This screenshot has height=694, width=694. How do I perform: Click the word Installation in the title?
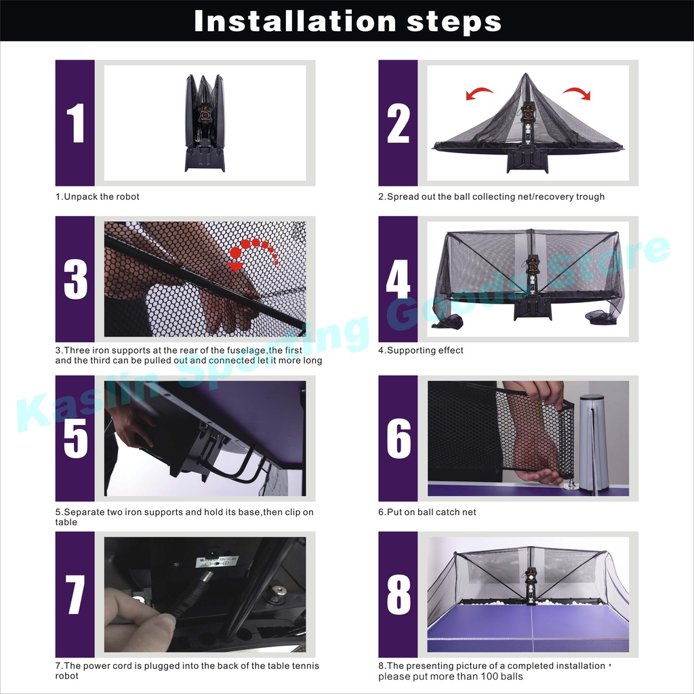tap(295, 21)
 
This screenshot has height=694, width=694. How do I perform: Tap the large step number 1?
tap(76, 123)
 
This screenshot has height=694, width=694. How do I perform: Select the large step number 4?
tap(398, 279)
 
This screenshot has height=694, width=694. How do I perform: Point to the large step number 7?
tap(75, 594)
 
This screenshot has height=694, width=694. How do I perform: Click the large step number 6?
tap(399, 438)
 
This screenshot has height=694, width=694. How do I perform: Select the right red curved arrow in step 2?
tap(577, 94)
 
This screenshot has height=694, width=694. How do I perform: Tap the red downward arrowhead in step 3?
tap(235, 266)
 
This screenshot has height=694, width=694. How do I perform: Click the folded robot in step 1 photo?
tap(205, 123)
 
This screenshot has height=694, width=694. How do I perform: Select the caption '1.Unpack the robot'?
tap(98, 197)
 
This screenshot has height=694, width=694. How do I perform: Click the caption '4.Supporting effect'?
tap(420, 350)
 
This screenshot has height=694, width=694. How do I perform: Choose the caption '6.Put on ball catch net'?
tap(427, 512)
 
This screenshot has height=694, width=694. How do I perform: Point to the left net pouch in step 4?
tap(447, 322)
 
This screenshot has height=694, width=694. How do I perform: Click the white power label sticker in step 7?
tap(217, 561)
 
